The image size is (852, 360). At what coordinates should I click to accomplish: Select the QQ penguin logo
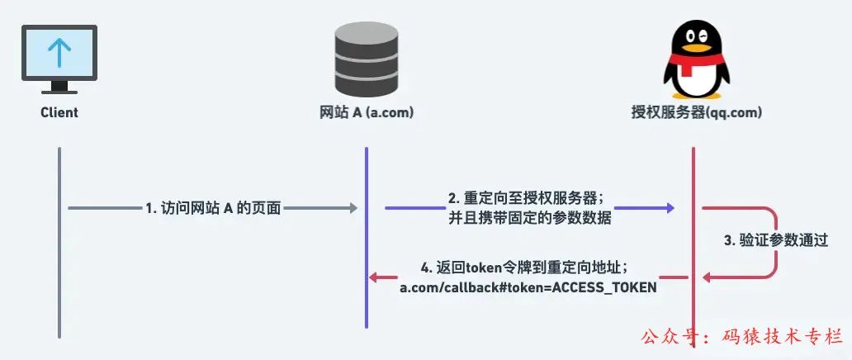click(x=693, y=58)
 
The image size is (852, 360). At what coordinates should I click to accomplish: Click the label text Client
click(x=59, y=112)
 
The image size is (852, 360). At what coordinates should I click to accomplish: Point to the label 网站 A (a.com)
click(x=366, y=112)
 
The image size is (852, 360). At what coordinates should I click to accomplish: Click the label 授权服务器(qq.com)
click(x=693, y=112)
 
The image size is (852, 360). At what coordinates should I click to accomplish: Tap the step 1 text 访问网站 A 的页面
click(x=213, y=209)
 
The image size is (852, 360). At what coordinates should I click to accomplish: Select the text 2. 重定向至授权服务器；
click(x=526, y=199)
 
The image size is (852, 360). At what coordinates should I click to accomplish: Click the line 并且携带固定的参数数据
click(x=526, y=218)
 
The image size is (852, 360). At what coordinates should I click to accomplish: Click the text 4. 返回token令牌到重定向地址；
click(x=526, y=268)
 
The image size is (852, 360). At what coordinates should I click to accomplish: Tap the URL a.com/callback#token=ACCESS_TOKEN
click(x=528, y=287)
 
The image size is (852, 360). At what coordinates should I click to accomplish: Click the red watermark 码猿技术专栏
click(x=776, y=338)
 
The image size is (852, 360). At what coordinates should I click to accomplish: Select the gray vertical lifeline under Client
click(x=59, y=248)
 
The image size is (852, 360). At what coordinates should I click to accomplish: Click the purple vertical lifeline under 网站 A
click(x=366, y=248)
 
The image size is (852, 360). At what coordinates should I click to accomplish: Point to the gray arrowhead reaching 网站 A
click(x=353, y=208)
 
